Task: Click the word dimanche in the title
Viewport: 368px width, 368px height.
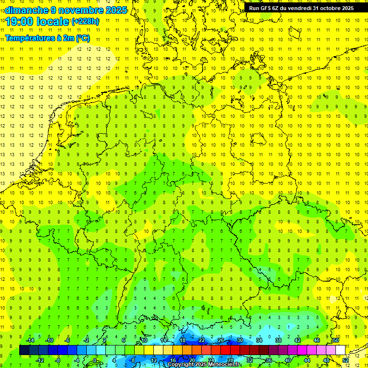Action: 26,10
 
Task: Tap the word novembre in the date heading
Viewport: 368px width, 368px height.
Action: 80,10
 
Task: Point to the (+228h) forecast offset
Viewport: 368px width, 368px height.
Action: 85,22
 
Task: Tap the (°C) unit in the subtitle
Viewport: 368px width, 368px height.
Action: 82,38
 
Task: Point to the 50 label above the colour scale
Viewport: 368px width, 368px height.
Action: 336,340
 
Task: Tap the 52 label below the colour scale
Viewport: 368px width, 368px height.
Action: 345,360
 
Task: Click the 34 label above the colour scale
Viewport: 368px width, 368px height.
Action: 259,340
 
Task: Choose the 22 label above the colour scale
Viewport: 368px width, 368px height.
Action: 202,340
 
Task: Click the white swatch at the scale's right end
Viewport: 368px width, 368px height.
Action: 340,350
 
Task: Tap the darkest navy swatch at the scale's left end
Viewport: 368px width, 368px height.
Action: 24,350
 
